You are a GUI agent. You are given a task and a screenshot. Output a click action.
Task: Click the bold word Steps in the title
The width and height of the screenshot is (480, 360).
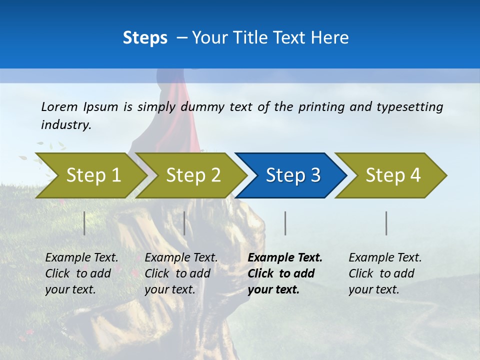click(145, 38)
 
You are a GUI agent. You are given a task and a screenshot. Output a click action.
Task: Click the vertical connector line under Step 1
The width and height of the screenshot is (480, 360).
click(84, 223)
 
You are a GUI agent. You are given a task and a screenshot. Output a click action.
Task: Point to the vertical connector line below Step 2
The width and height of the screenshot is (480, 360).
click(184, 223)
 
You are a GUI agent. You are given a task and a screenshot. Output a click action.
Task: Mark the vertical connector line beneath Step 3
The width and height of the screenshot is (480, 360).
click(285, 223)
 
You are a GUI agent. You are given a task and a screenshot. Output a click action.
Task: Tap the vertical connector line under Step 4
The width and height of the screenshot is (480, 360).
click(386, 223)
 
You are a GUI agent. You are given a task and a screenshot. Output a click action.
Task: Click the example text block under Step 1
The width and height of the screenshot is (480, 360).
click(81, 273)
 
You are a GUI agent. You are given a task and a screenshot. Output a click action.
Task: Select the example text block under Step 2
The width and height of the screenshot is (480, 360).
click(181, 273)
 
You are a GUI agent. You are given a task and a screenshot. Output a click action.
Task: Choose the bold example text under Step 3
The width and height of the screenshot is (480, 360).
click(285, 273)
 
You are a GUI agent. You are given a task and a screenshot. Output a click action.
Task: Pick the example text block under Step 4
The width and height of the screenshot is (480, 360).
click(385, 273)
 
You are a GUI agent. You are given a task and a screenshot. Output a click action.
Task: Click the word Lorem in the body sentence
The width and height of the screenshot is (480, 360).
click(59, 106)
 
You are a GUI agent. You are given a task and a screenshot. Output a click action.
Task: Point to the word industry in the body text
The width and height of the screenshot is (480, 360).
click(66, 125)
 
